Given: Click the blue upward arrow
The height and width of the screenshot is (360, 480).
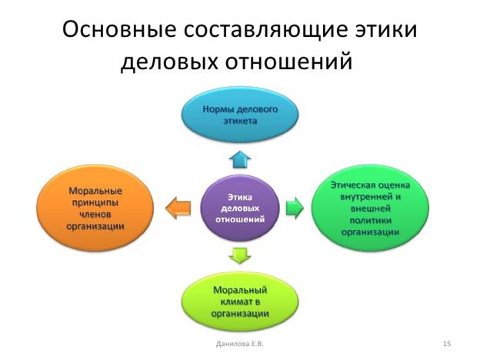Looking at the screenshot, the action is point(240,159).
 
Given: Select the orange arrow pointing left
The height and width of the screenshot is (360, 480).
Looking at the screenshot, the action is point(178,208).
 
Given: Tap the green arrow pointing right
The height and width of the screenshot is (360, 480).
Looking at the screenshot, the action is point(295,208).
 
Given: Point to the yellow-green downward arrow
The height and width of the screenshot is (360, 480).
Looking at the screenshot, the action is point(240,255).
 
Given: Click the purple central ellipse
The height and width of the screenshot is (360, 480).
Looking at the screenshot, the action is point(240,208).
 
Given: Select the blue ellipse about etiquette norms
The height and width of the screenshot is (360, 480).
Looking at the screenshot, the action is point(240,115).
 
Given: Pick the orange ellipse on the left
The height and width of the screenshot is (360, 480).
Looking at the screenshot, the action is point(95,208).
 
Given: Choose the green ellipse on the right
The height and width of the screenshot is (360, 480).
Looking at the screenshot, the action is point(370,208).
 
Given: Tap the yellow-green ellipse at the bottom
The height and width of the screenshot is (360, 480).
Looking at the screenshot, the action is point(240,302).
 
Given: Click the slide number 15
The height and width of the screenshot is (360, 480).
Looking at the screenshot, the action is point(447,344).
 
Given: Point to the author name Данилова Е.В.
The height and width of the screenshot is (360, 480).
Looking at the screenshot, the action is point(240,344).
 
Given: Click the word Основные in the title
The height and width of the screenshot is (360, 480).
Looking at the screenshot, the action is point(119,30).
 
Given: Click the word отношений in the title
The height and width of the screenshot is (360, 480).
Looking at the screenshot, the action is point(289,62).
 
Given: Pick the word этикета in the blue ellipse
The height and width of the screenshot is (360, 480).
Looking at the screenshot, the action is point(240,121).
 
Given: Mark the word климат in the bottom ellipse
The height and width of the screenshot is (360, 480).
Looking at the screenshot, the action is point(240,302).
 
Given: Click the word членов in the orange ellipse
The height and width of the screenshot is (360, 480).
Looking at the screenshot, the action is point(95,215).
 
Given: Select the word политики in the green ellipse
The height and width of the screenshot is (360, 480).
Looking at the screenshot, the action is point(371,221).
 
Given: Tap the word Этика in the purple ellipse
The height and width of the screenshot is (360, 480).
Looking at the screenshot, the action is point(240,198).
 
